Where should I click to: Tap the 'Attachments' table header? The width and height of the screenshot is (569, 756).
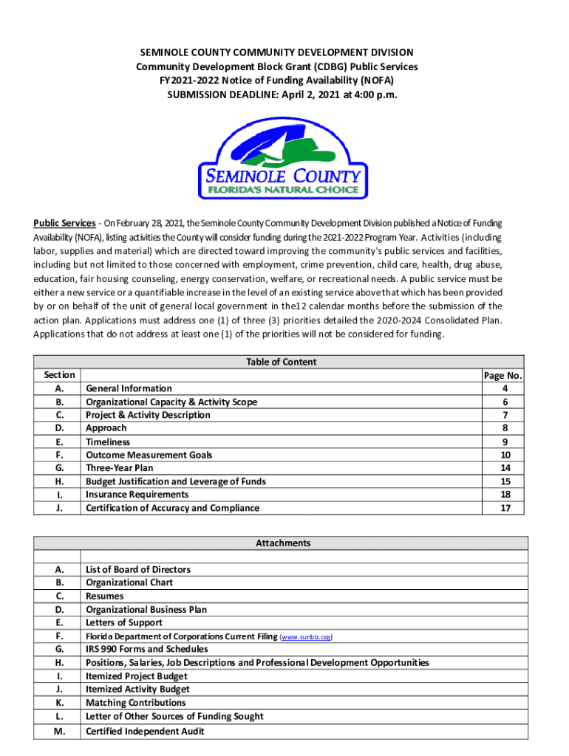(x=283, y=543)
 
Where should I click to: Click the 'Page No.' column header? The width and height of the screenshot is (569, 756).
(x=502, y=376)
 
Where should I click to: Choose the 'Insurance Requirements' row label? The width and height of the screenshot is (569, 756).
(x=137, y=495)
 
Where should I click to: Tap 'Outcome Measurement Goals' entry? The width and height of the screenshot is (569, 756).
(x=149, y=455)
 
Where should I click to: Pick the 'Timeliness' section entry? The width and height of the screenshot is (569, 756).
(x=108, y=441)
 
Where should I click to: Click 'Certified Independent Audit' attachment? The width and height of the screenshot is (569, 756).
(x=145, y=731)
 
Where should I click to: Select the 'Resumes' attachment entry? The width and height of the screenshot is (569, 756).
(x=105, y=596)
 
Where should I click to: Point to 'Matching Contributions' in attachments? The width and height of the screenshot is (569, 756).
(x=135, y=703)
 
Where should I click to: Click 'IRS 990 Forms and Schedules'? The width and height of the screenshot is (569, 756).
(x=147, y=649)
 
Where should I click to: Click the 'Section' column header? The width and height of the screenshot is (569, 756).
(x=59, y=375)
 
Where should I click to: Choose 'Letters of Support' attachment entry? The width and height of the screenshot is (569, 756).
(x=124, y=622)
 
